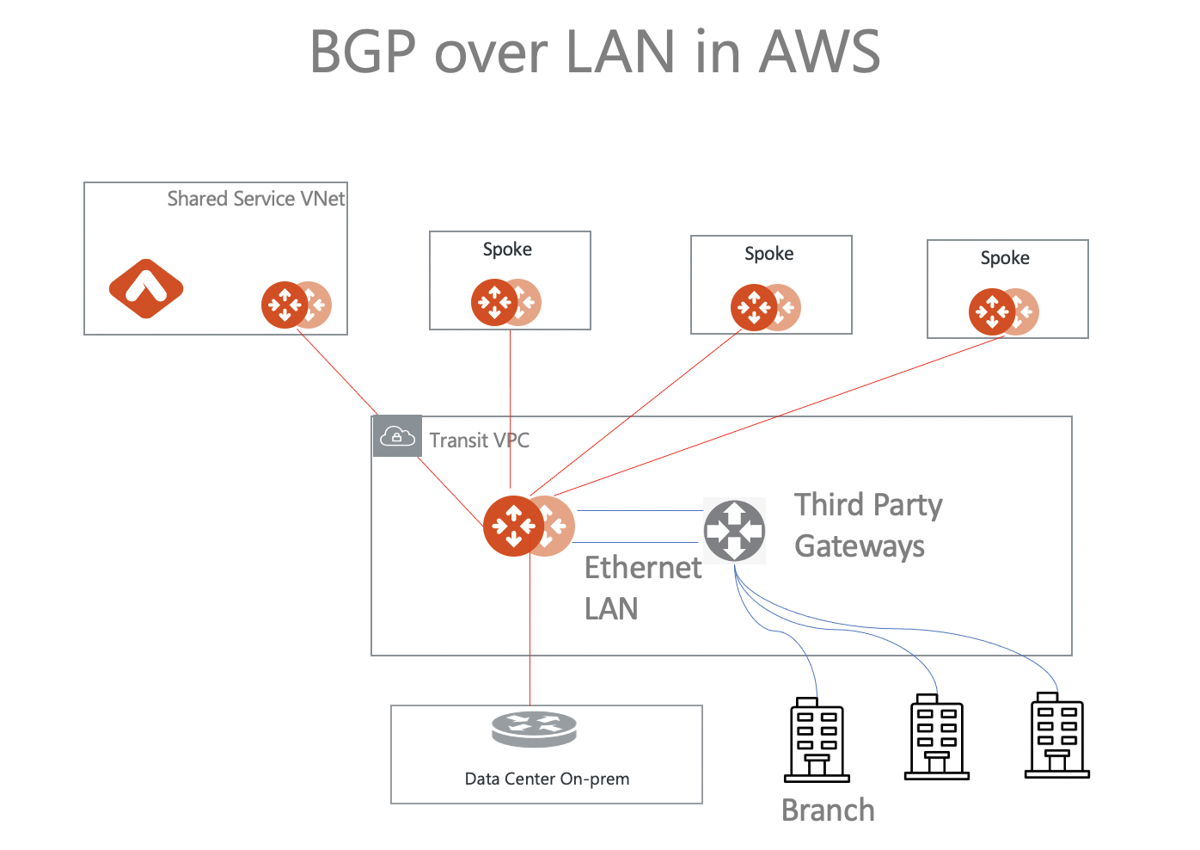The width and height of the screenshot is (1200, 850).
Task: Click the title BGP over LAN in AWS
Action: [x=594, y=52]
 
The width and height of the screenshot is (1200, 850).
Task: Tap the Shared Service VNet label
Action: [x=255, y=199]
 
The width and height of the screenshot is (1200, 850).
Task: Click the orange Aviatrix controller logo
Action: [x=146, y=288]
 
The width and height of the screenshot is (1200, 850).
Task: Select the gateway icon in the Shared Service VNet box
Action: [x=286, y=305]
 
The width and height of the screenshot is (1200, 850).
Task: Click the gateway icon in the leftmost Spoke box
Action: [x=496, y=302]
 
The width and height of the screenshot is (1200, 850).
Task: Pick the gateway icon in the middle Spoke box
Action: [x=756, y=307]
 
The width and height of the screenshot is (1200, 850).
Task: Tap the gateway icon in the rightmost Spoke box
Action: [x=994, y=311]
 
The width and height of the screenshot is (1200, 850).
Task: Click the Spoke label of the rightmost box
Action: [x=1004, y=258]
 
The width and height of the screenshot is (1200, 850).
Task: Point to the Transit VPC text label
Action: [x=479, y=440]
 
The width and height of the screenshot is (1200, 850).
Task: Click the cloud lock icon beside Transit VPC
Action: [x=396, y=436]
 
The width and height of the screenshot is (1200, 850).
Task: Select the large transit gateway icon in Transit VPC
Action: [x=515, y=526]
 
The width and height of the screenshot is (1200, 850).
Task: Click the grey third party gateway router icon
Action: [x=734, y=530]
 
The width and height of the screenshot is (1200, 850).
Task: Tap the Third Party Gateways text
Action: [x=866, y=525]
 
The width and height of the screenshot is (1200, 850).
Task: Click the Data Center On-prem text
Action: [x=547, y=779]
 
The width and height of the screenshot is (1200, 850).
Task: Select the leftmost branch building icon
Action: [x=817, y=739]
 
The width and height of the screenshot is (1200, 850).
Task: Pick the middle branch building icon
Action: [x=937, y=737]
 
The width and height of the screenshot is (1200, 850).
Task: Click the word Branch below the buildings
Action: [x=827, y=810]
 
